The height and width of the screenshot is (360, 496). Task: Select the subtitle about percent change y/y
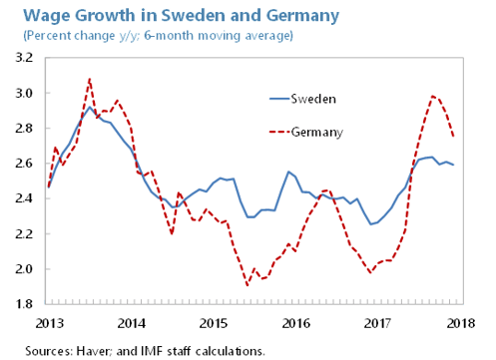[x=151, y=36]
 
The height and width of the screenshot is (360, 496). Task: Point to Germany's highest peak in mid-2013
[x=90, y=79]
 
